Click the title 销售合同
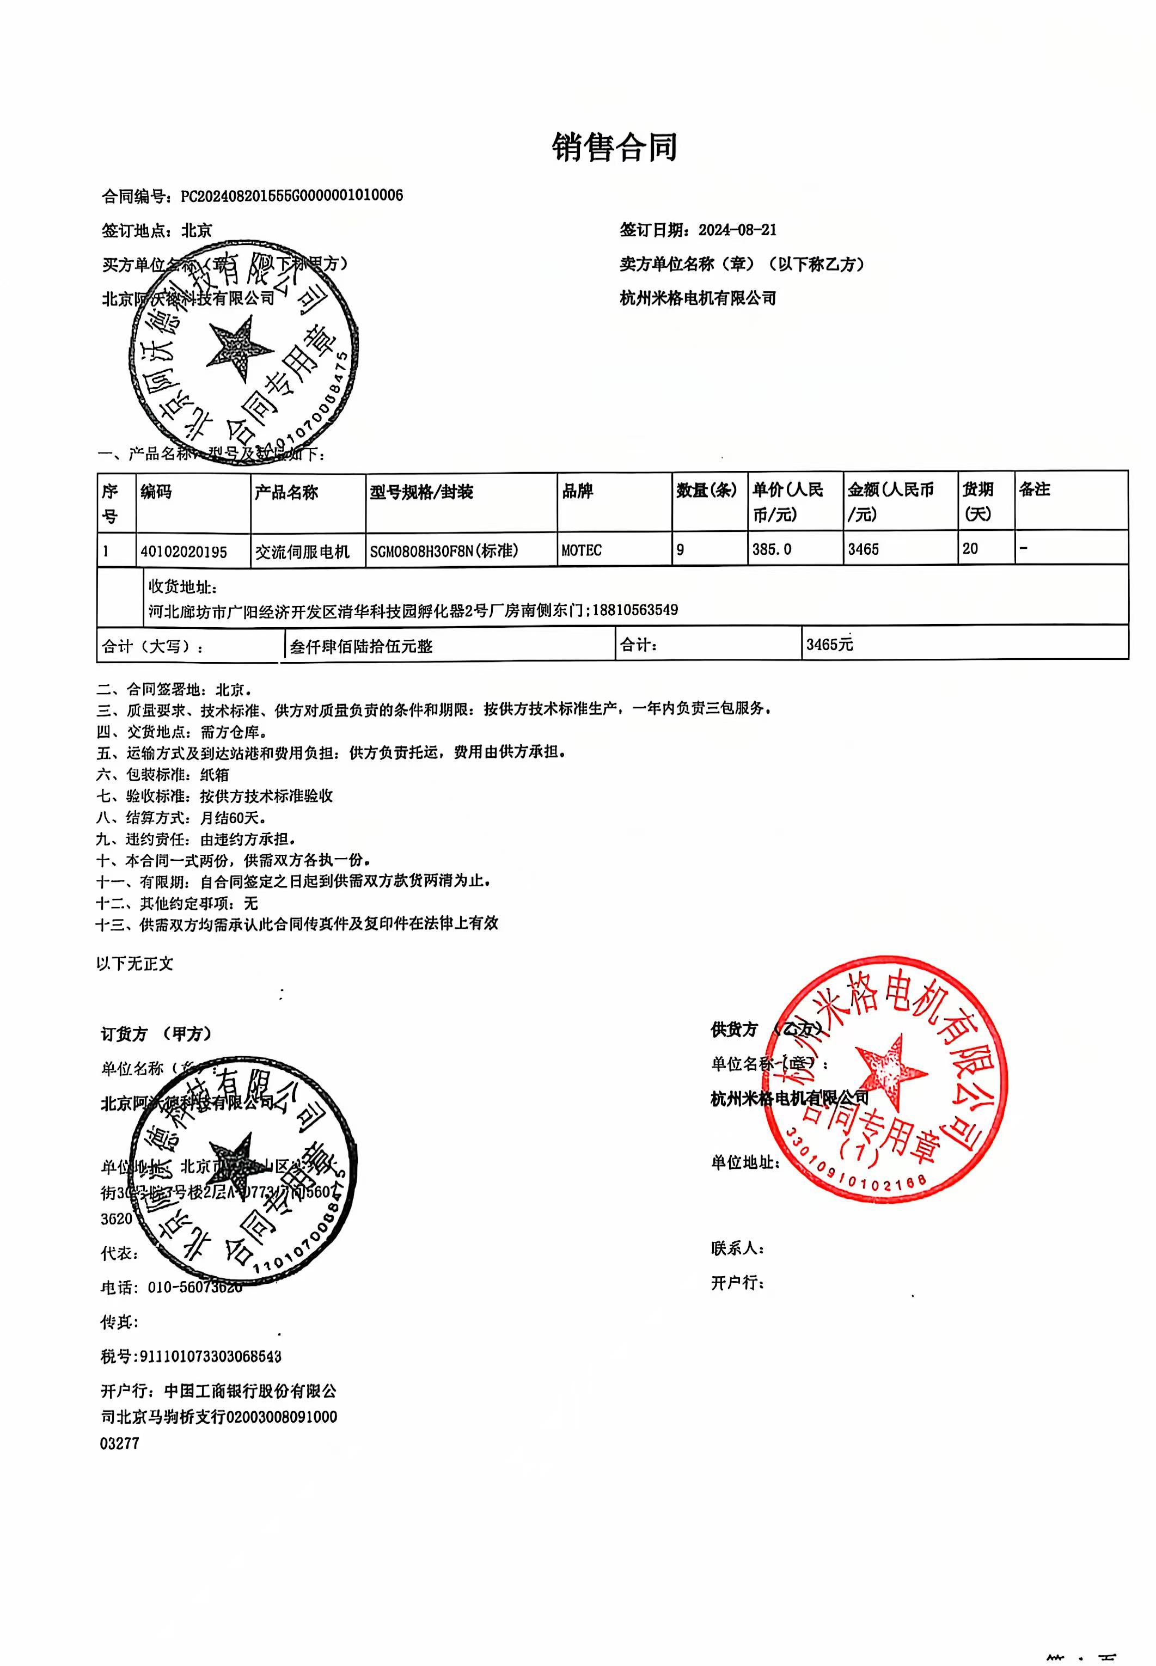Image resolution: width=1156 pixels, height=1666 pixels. pyautogui.click(x=614, y=148)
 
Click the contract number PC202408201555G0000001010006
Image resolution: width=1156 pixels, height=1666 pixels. pyautogui.click(x=291, y=195)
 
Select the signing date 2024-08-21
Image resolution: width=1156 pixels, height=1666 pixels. pyautogui.click(x=737, y=230)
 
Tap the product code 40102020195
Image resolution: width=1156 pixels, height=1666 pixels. pyautogui.click(x=184, y=552)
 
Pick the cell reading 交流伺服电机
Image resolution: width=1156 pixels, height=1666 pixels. pyautogui.click(x=302, y=552)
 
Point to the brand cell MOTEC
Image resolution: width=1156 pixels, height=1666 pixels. pyautogui.click(x=581, y=550)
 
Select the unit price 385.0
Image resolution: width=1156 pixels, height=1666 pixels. pyautogui.click(x=772, y=549)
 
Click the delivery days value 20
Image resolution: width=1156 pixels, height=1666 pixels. pyautogui.click(x=970, y=549)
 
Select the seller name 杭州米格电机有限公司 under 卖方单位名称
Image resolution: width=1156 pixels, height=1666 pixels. pyautogui.click(x=698, y=298)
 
